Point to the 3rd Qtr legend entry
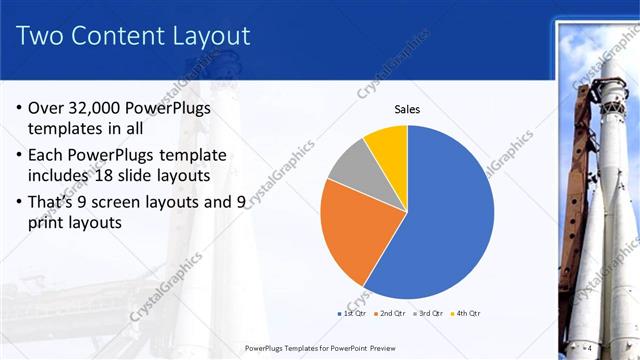(x=430, y=314)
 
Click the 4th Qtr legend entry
(x=468, y=314)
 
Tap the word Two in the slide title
(x=43, y=37)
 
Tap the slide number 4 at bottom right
(x=589, y=347)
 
